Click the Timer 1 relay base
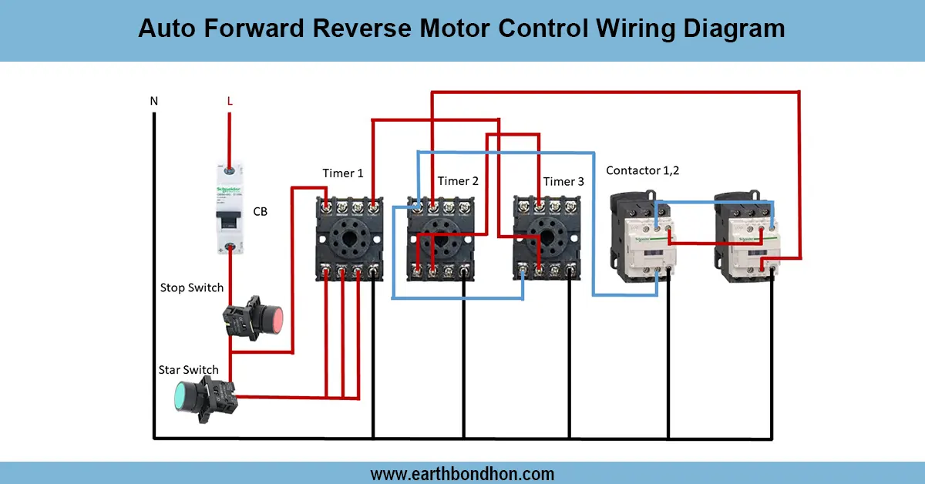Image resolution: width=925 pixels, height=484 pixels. point(350,239)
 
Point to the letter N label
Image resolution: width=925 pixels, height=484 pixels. point(154,101)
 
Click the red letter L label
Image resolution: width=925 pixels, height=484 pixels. point(229,101)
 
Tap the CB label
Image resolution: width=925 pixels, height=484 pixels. point(261,210)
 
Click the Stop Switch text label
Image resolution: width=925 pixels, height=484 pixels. point(192,287)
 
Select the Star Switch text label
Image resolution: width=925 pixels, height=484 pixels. point(189,370)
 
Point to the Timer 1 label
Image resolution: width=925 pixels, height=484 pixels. point(342,173)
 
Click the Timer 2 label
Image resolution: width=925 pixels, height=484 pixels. point(458,181)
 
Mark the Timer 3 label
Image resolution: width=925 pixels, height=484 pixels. point(563,182)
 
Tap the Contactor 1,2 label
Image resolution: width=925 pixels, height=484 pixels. point(643,170)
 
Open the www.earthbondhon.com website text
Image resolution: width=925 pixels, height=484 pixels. point(462,473)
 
